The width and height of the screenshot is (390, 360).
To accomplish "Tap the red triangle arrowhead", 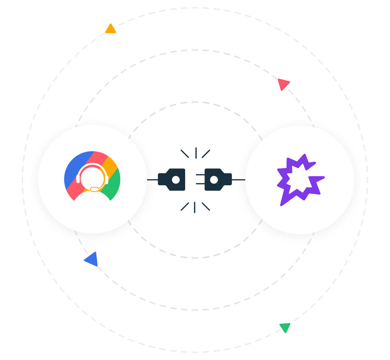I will (283, 84).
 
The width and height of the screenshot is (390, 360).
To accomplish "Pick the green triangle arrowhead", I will (285, 327).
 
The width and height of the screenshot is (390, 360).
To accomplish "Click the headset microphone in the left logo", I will (94, 189).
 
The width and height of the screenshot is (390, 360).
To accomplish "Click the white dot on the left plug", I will (176, 180).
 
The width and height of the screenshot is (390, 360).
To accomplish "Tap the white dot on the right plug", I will (214, 180).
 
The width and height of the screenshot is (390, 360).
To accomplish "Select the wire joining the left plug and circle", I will (152, 180).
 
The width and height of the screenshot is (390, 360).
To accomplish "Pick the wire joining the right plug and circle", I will (238, 180).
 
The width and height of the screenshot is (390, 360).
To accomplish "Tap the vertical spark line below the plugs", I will (194, 207).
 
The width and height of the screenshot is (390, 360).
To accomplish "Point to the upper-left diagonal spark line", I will (185, 154).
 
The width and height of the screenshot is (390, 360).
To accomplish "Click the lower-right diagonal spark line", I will (206, 206).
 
